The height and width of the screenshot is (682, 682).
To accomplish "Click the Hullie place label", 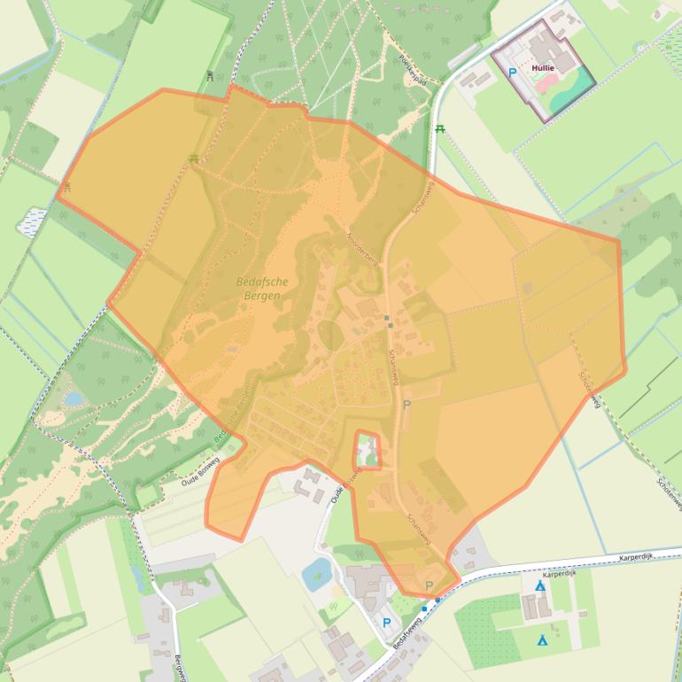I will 543,67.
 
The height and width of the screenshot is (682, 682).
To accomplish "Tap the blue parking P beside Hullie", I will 512,73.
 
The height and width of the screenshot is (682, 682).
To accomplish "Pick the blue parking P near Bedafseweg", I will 386,623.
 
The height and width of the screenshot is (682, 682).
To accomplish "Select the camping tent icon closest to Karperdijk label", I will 539,585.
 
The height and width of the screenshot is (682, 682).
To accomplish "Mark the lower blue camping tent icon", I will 542,639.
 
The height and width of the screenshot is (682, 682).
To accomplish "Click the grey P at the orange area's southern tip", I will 430,585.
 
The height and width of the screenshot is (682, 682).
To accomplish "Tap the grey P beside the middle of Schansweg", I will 407,405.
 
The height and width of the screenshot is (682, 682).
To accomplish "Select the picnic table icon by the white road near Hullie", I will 440,129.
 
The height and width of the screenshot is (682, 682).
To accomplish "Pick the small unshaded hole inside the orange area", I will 367,450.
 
